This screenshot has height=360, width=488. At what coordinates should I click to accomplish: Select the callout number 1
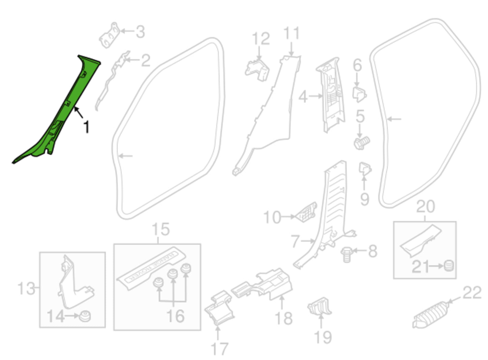(x=87, y=127)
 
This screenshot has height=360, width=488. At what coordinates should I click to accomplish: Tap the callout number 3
(x=140, y=32)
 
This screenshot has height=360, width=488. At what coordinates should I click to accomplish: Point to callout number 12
(x=261, y=39)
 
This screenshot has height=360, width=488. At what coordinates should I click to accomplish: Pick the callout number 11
(x=291, y=34)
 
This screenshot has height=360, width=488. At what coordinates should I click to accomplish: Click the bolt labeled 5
(x=362, y=143)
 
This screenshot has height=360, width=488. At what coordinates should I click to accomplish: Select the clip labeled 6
(x=359, y=94)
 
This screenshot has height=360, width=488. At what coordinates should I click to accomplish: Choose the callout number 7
(x=295, y=242)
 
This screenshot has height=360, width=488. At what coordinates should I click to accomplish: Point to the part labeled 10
(x=307, y=212)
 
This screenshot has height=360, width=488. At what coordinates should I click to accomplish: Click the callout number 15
(x=160, y=230)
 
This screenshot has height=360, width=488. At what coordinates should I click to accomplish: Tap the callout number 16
(x=176, y=316)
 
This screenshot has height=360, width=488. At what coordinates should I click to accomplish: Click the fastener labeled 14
(x=84, y=316)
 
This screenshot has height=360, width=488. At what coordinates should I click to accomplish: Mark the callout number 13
(x=26, y=289)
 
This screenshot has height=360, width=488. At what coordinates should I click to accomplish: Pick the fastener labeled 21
(x=448, y=265)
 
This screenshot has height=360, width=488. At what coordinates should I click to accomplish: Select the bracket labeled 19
(x=319, y=307)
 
